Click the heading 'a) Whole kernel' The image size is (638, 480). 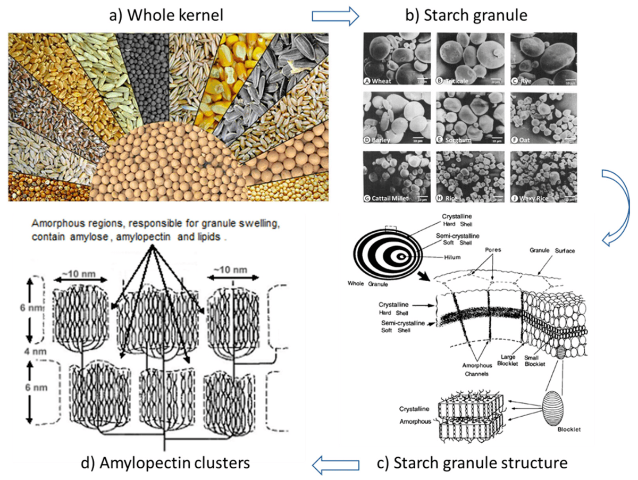pos(166,15)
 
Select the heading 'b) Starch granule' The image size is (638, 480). pos(466,15)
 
